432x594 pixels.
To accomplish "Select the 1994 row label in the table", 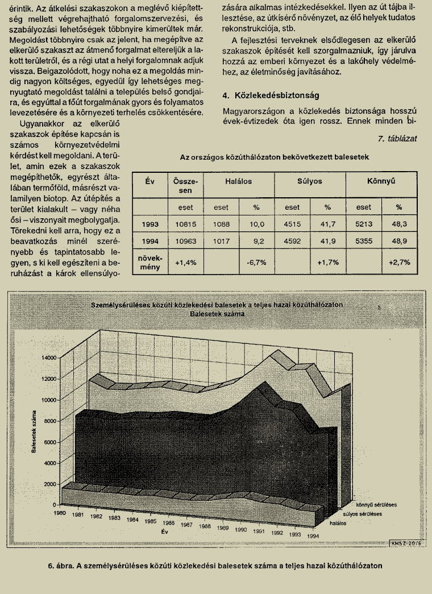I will pyautogui.click(x=150, y=241).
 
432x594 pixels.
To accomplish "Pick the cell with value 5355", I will pyautogui.click(x=364, y=241).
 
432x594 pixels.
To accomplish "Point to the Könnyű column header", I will pyautogui.click(x=381, y=181).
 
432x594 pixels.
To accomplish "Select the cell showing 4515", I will pyautogui.click(x=292, y=225).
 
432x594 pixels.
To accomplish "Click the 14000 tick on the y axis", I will pyautogui.click(x=49, y=358).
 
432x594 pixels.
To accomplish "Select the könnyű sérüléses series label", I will pyautogui.click(x=376, y=504).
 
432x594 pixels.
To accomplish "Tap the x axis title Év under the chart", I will pyautogui.click(x=164, y=532).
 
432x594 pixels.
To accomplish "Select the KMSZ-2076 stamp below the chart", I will pyautogui.click(x=405, y=543).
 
